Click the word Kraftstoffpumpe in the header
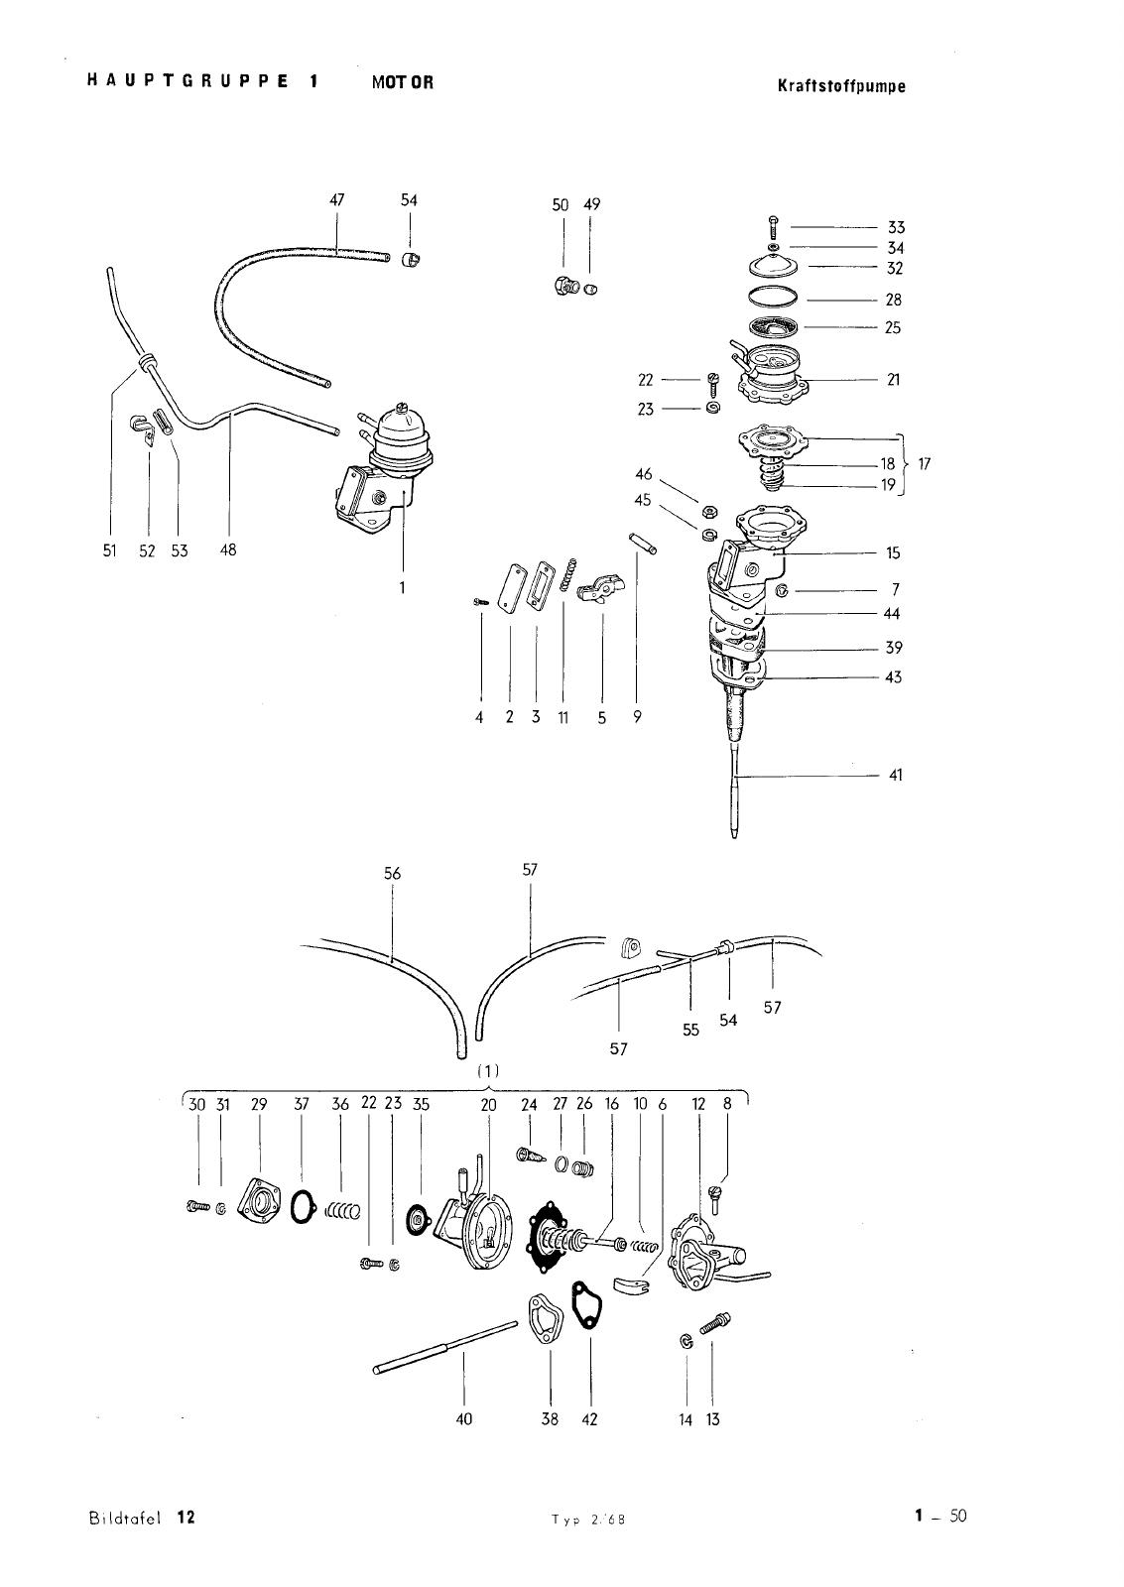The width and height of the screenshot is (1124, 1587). click(x=842, y=85)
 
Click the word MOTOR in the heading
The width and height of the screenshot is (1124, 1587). click(x=403, y=82)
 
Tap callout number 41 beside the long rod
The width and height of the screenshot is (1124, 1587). click(x=895, y=775)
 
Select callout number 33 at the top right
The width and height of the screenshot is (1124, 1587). click(x=896, y=228)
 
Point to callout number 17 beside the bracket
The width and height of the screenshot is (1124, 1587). click(x=925, y=463)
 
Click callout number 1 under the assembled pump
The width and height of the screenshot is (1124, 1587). click(x=403, y=587)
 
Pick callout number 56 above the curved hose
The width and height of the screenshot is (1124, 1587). click(x=393, y=873)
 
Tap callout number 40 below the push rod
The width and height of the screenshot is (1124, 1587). click(x=464, y=1419)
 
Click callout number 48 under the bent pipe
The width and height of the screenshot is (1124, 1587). click(x=229, y=549)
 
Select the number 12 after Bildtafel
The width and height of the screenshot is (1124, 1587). click(x=187, y=1517)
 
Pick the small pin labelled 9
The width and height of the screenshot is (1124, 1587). click(x=637, y=546)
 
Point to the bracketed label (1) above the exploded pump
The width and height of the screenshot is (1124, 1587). click(x=488, y=1071)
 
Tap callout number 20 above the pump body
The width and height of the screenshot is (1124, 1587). click(x=488, y=1104)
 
